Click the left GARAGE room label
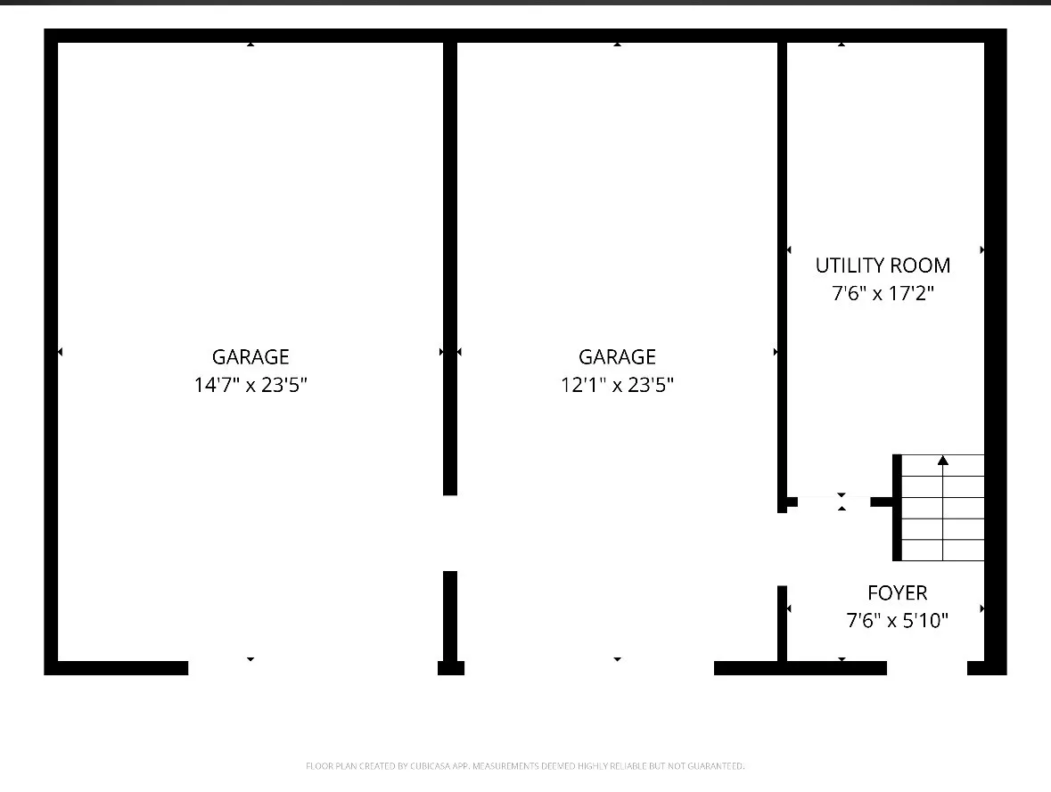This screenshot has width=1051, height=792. pyautogui.click(x=250, y=356)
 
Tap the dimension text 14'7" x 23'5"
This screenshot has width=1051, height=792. pyautogui.click(x=250, y=385)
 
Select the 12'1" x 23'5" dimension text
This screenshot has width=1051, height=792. pyautogui.click(x=618, y=385)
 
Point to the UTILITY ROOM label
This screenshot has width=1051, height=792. pyautogui.click(x=883, y=265)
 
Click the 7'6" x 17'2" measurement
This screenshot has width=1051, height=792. pyautogui.click(x=883, y=293)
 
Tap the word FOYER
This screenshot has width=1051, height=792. pyautogui.click(x=898, y=593)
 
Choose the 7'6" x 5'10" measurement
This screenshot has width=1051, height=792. pyautogui.click(x=898, y=620)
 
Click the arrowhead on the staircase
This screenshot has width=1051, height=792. pyautogui.click(x=943, y=460)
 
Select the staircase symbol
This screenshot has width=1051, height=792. pyautogui.click(x=939, y=507)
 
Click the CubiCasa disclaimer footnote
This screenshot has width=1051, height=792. pyautogui.click(x=525, y=766)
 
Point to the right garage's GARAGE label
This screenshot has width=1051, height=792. pyautogui.click(x=618, y=356)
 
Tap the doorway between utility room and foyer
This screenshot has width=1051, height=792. pyautogui.click(x=833, y=502)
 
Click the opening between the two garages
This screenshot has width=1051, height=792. pyautogui.click(x=450, y=534)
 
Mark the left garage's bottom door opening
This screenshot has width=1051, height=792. pyautogui.click(x=313, y=668)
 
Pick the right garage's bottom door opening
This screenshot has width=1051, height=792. pyautogui.click(x=589, y=668)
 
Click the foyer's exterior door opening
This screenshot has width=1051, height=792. pyautogui.click(x=927, y=668)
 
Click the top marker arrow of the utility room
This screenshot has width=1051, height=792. pyautogui.click(x=842, y=45)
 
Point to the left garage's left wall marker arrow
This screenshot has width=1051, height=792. pyautogui.click(x=61, y=352)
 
